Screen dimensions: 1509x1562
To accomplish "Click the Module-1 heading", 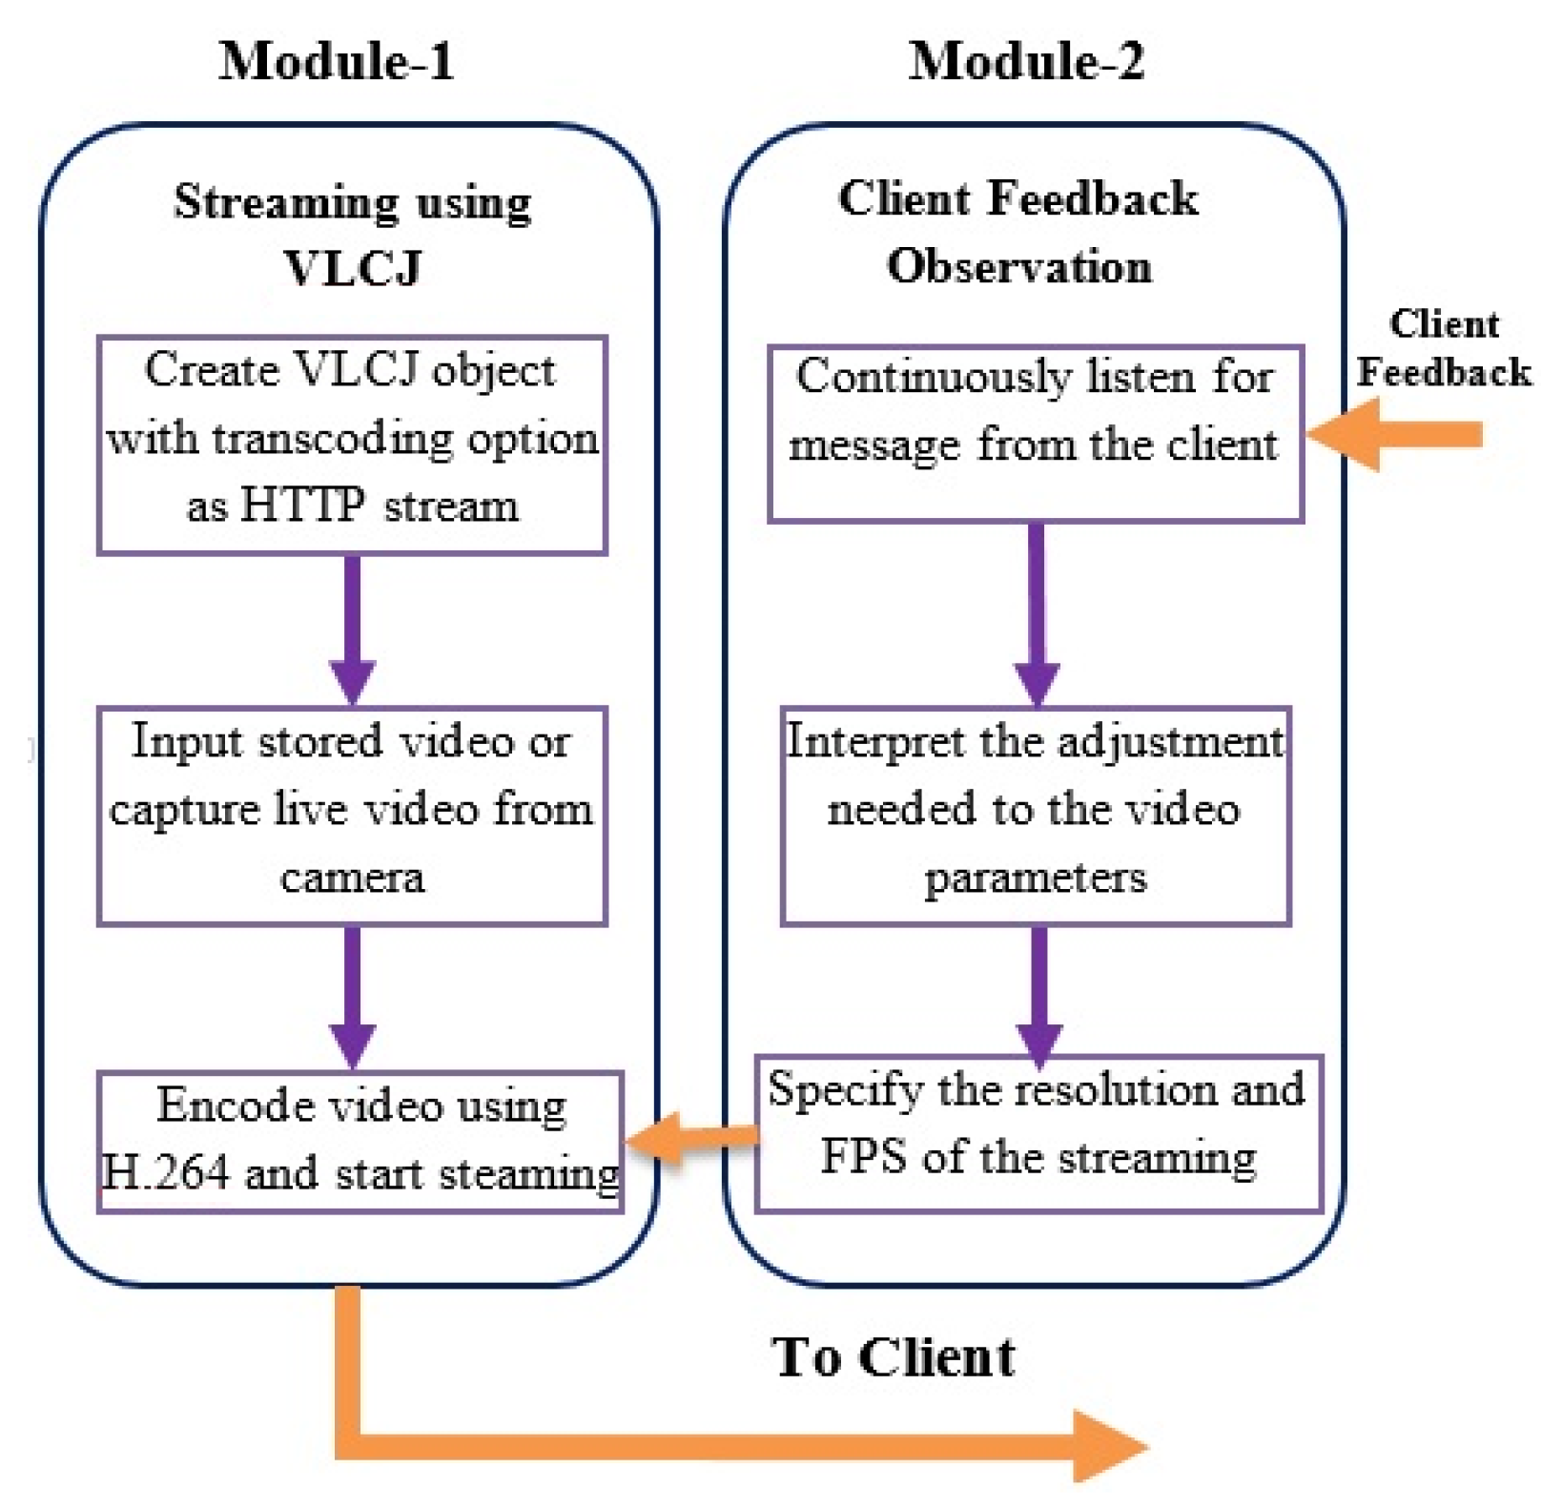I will click(336, 61).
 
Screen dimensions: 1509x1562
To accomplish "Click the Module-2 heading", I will click(1025, 61).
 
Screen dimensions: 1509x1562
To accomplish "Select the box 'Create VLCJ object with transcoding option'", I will click(352, 444).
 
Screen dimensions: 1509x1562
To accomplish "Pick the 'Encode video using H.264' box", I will click(360, 1141).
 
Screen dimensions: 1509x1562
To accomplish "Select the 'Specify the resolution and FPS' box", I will click(1038, 1132).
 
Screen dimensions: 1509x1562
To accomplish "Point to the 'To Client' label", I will click(894, 1356).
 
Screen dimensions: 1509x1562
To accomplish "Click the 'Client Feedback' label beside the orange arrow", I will click(1443, 348).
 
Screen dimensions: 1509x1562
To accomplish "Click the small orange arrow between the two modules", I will click(691, 1137).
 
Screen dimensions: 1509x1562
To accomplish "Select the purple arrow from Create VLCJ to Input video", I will click(352, 630).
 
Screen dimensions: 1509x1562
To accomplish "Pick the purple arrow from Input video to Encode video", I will click(352, 997).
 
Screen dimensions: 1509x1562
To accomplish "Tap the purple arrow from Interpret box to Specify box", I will click(1038, 992).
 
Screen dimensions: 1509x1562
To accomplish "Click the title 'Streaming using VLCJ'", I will click(352, 234).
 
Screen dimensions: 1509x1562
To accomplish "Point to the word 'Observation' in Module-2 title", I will click(1018, 266).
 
